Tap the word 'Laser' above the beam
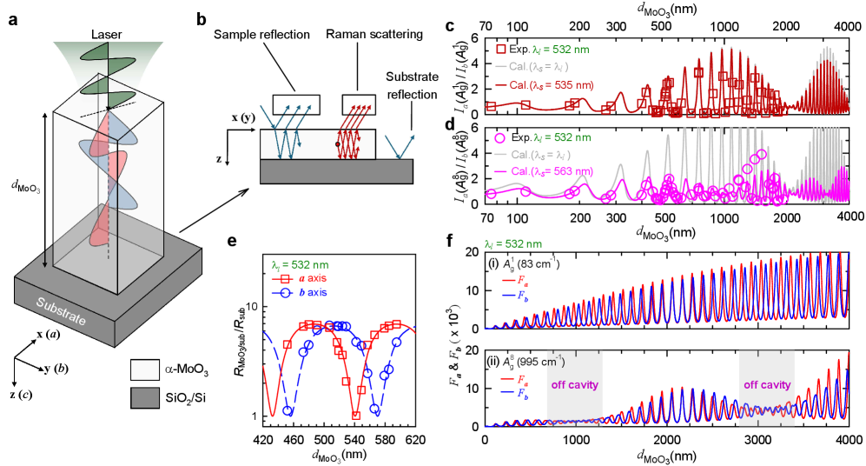pyautogui.click(x=108, y=36)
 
